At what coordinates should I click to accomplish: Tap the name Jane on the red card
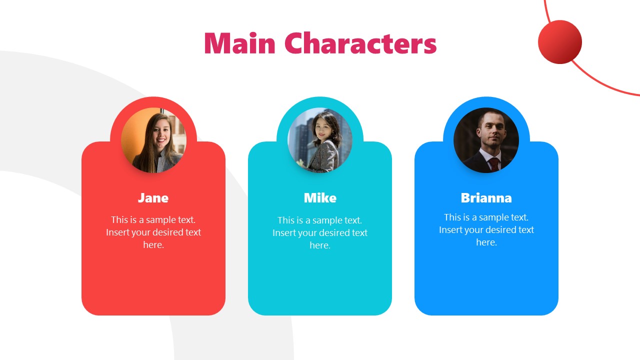153,198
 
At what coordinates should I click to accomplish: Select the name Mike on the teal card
320,198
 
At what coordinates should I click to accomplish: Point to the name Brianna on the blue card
486,198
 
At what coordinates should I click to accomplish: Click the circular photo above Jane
153,140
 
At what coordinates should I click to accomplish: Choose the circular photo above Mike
320,140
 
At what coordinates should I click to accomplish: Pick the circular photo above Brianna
486,140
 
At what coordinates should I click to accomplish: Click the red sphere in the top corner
559,42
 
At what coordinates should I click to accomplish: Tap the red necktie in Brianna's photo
493,163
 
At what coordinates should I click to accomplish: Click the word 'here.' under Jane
153,245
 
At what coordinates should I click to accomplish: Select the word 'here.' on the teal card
320,245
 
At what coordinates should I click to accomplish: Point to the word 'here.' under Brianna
486,242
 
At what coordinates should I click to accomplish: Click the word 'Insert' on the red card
117,232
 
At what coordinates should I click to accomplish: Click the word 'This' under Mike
286,220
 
